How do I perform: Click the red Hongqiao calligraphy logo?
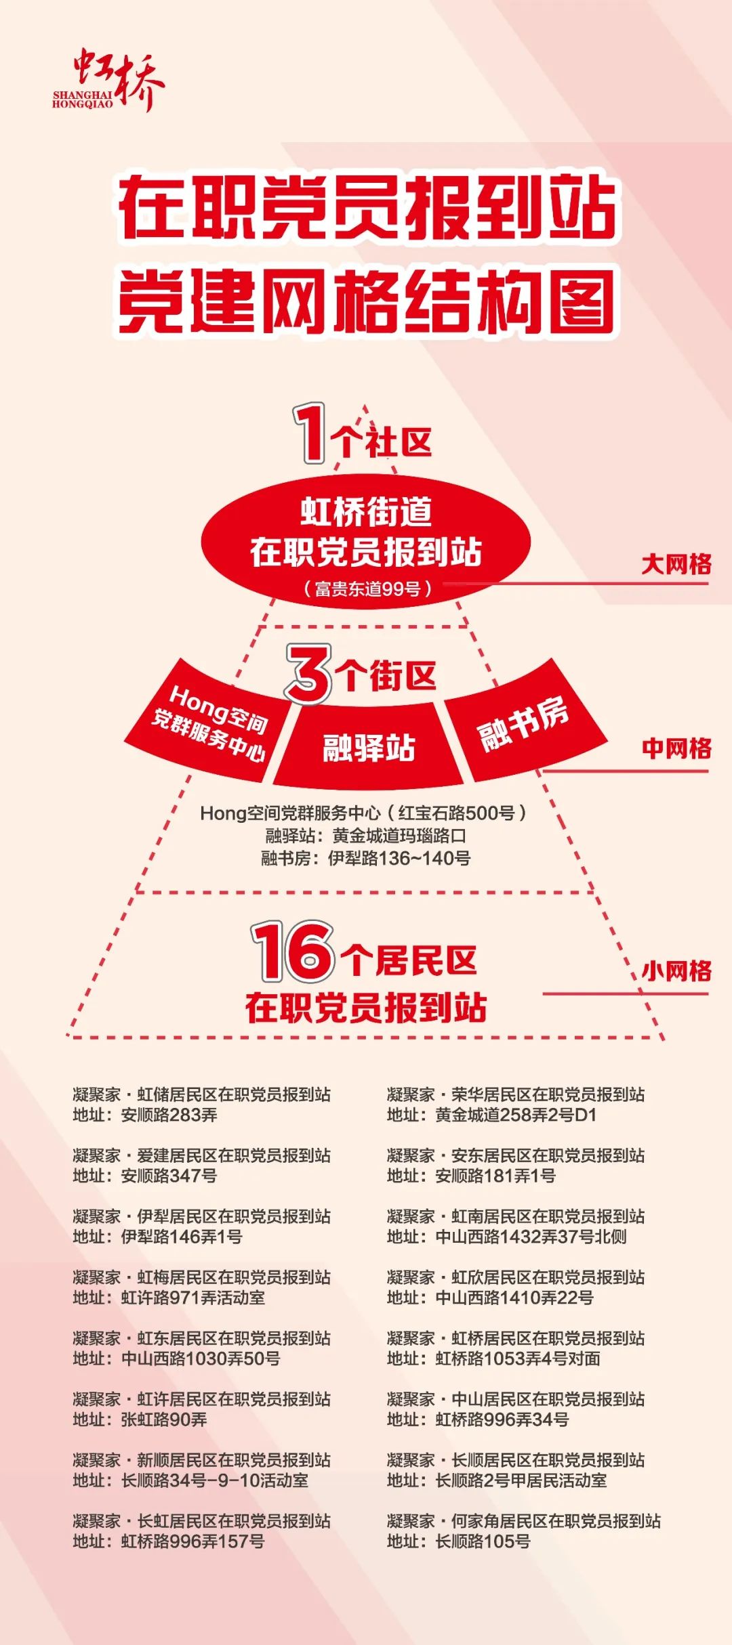click(x=108, y=79)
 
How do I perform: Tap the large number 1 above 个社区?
click(x=310, y=433)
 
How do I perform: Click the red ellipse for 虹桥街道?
click(x=365, y=541)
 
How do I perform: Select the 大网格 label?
click(x=676, y=563)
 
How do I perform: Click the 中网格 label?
click(x=676, y=748)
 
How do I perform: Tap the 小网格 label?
click(x=676, y=971)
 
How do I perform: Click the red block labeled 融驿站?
click(x=368, y=746)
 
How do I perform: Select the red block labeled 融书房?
click(x=525, y=722)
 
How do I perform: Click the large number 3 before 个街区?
click(x=309, y=674)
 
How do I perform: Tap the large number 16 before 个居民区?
click(x=294, y=951)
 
